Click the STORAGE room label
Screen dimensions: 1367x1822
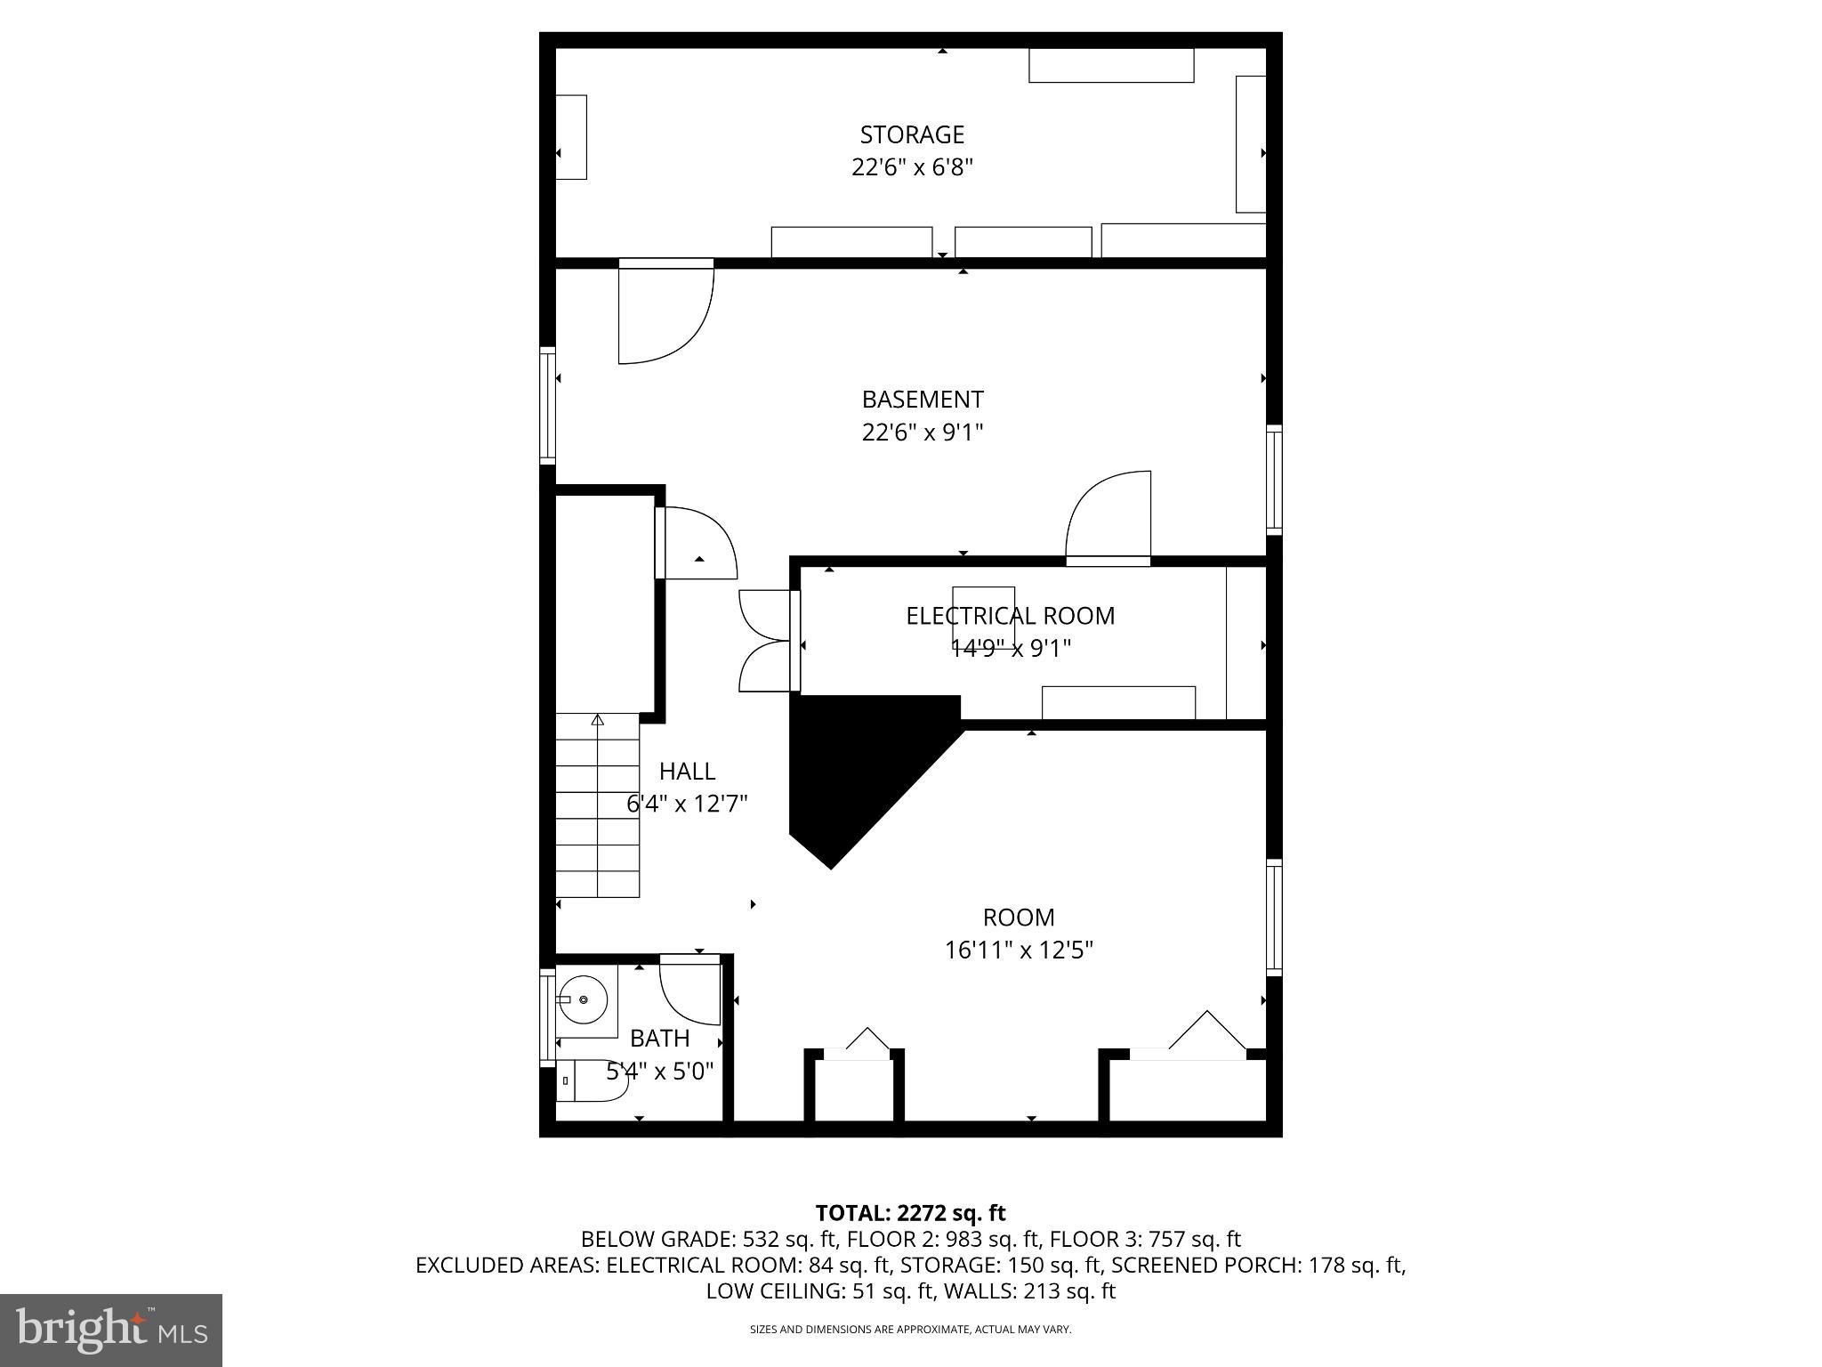click(912, 134)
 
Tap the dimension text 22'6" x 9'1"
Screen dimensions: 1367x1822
click(922, 433)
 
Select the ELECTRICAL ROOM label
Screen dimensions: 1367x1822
click(1010, 616)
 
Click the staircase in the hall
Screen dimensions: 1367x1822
click(598, 805)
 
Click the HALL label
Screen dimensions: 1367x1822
click(687, 771)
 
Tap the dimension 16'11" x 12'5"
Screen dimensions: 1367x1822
click(1019, 950)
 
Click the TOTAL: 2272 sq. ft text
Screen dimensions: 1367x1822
click(910, 1212)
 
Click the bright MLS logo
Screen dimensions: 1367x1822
click(111, 1330)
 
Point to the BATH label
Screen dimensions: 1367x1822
click(659, 1038)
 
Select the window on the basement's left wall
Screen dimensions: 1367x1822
click(548, 405)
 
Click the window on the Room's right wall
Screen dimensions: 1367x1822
click(1274, 917)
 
